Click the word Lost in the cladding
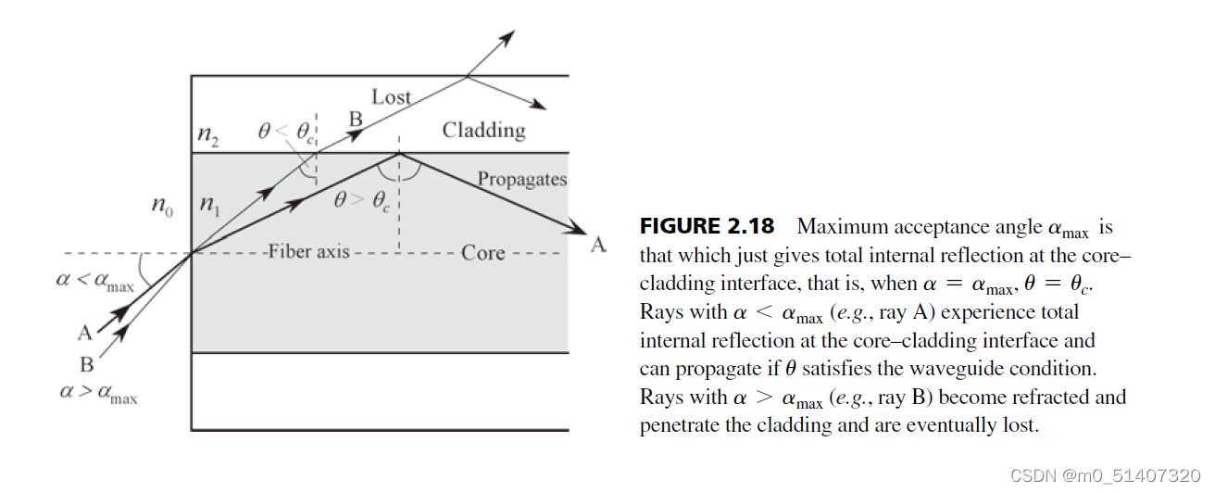[391, 96]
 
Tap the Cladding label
[483, 130]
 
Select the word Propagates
[522, 179]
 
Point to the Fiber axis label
[308, 252]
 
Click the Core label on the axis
[483, 252]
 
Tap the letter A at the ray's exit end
[599, 245]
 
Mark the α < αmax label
[94, 281]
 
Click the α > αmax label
[97, 393]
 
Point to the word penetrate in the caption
[677, 425]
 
